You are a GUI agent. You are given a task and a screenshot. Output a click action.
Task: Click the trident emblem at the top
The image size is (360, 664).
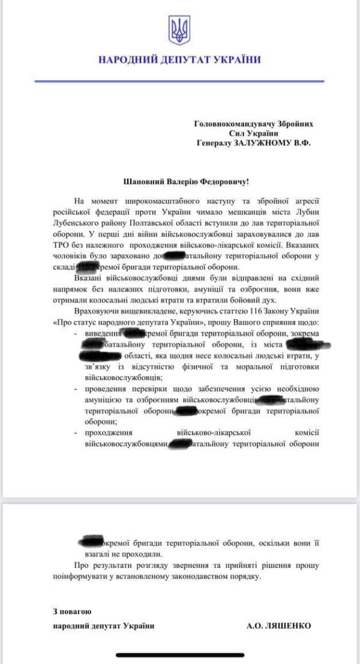(179, 30)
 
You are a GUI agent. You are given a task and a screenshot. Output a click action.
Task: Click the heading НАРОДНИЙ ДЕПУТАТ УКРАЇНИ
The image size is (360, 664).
(179, 60)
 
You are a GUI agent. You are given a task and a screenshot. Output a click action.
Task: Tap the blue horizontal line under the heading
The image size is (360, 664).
(179, 81)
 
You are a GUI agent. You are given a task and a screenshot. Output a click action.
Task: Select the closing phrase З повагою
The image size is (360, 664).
(72, 611)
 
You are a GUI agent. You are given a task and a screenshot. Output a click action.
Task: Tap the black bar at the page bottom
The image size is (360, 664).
(179, 655)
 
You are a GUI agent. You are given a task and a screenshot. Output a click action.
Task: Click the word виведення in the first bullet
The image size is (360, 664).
(102, 333)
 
